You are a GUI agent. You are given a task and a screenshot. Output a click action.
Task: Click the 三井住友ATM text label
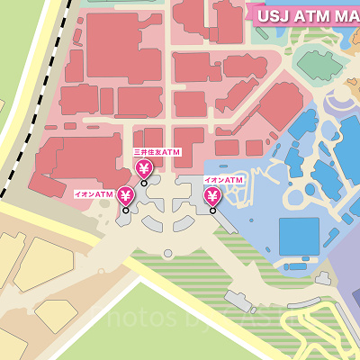157,152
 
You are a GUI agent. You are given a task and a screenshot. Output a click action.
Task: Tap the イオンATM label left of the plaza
94,193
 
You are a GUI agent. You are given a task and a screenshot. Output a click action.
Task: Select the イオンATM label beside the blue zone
224,181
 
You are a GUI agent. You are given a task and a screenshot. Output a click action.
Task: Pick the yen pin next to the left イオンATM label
125,195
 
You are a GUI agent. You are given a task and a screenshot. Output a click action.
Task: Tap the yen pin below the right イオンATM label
212,195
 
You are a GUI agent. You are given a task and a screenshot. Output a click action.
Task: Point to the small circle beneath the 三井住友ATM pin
144,183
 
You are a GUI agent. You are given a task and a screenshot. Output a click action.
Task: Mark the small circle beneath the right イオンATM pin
213,211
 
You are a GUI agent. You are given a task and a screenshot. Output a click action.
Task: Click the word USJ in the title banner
273,15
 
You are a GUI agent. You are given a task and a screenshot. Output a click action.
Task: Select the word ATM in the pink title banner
311,15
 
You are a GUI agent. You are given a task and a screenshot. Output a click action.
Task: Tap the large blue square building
299,236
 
